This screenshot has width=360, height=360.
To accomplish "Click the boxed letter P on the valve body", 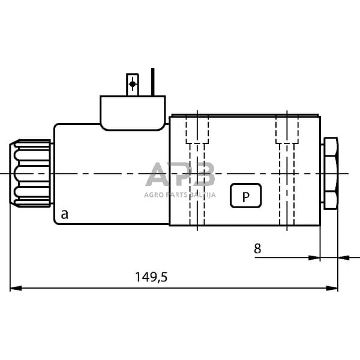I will click(245, 196).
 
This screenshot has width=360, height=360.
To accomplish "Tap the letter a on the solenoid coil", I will click(64, 213).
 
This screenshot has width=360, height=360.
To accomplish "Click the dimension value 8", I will click(257, 248).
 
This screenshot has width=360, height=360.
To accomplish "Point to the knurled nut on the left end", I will click(32, 173).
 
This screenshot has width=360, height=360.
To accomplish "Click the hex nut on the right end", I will click(330, 173).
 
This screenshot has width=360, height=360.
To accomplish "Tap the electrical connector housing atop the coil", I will click(133, 112).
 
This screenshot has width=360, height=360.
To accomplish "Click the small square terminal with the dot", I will click(133, 85).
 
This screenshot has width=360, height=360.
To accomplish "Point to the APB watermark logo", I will click(180, 175).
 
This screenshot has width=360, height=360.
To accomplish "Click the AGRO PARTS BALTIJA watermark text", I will click(180, 194).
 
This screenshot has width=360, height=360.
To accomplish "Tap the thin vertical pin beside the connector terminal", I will click(153, 82).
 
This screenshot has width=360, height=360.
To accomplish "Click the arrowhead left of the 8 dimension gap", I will click(314, 258).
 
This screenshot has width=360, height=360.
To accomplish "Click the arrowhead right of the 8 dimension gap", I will click(344, 258).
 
